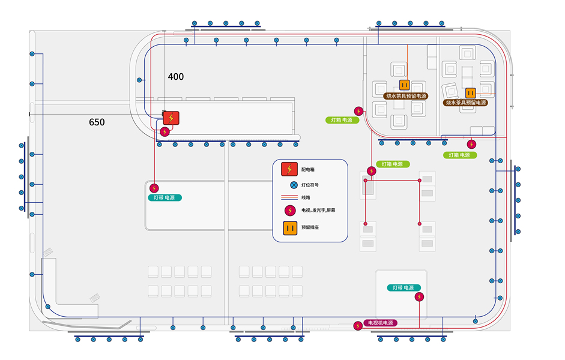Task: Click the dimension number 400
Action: pos(176,77)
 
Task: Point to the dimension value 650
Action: pos(97,122)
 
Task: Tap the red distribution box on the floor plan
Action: pos(171,118)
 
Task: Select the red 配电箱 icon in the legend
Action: pos(290,170)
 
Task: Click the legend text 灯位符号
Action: pos(310,185)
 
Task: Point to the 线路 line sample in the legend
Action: pos(289,197)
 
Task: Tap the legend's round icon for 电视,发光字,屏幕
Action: pos(290,211)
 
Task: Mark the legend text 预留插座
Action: pos(310,228)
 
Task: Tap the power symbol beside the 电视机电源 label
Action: pos(358,326)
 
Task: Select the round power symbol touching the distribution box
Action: pos(165,132)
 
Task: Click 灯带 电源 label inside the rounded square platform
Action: pos(404,288)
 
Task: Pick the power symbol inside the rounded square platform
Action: pos(420,296)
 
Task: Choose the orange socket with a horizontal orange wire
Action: pos(471,92)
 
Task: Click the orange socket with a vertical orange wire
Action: pos(404,85)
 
